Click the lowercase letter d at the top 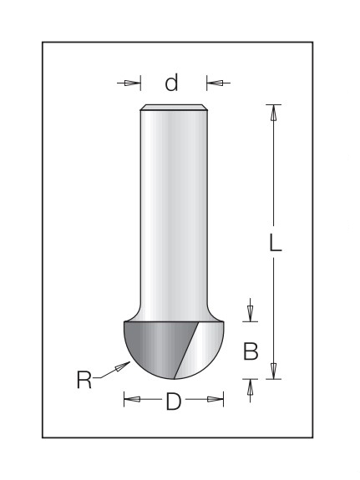tap(171, 83)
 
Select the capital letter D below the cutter tap(174, 402)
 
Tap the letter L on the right tap(275, 243)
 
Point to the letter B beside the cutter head tap(251, 351)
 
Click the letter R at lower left tap(84, 380)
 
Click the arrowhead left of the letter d tap(132, 83)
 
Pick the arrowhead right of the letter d tap(215, 83)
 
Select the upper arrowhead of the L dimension tap(274, 113)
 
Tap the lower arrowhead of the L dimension tap(274, 371)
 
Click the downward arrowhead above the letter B tap(251, 314)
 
